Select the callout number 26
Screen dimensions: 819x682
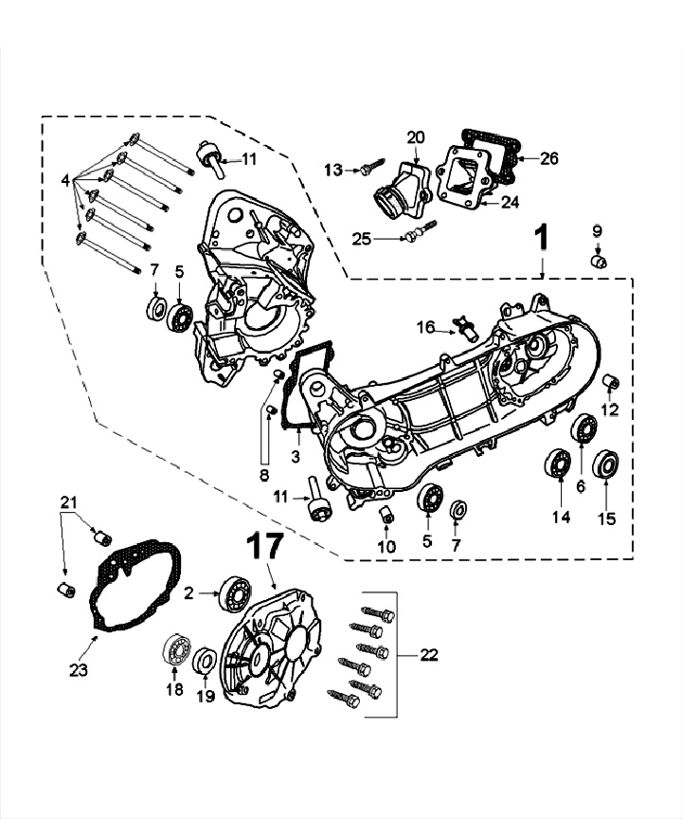[x=549, y=158]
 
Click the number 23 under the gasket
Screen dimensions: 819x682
[x=78, y=669]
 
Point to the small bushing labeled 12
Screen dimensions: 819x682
[x=611, y=383]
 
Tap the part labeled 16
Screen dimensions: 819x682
[x=466, y=327]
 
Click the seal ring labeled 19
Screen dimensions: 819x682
[x=206, y=663]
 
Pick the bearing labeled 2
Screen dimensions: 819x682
[x=232, y=592]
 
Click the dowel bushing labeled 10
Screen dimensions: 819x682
[x=386, y=514]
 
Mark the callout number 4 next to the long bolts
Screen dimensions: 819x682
[x=65, y=177]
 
